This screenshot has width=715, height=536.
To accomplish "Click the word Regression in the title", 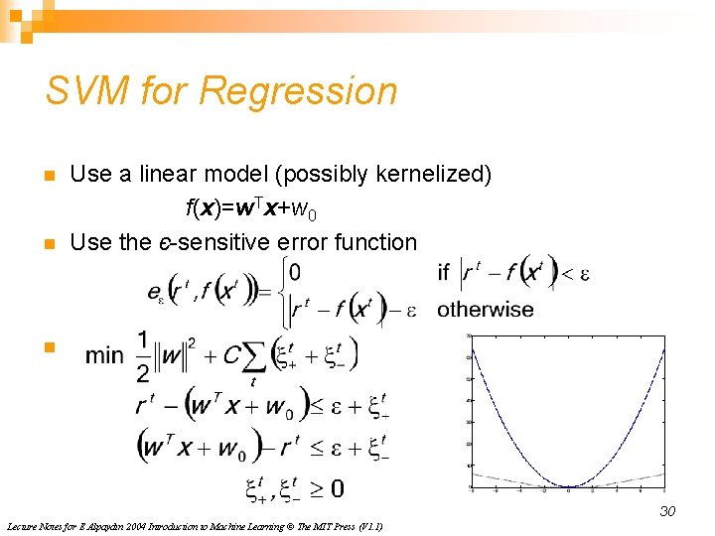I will (298, 91).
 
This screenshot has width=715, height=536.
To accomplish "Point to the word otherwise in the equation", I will (486, 310).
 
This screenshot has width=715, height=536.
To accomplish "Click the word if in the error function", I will (444, 271).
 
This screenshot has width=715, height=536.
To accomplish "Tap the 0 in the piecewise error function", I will (296, 271).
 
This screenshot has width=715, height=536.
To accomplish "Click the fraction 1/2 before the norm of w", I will (146, 355).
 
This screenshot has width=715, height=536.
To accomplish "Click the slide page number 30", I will (667, 511).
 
